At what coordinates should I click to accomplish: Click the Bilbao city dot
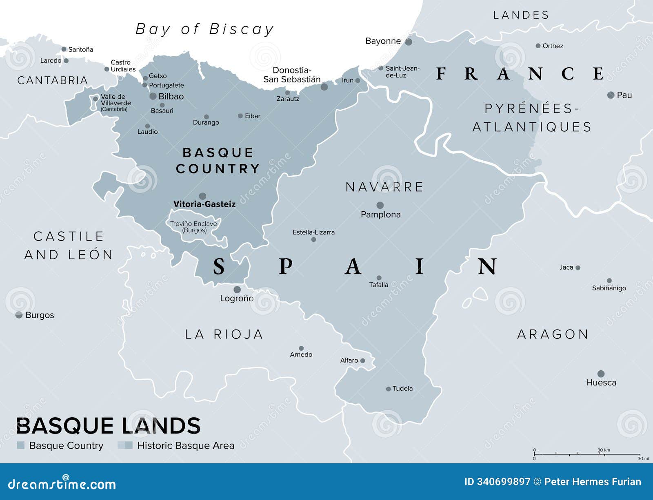pyautogui.click(x=153, y=96)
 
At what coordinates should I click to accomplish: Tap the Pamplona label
pyautogui.click(x=380, y=215)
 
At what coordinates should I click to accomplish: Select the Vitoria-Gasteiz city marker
pyautogui.click(x=202, y=196)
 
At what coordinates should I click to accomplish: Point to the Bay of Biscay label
pyautogui.click(x=204, y=29)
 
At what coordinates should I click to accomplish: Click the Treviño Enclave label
pyautogui.click(x=193, y=227)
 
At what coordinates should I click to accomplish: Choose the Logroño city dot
pyautogui.click(x=237, y=290)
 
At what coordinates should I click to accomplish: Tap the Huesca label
pyautogui.click(x=601, y=383)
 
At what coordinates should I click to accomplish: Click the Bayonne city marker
pyautogui.click(x=409, y=42)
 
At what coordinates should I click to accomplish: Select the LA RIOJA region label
pyautogui.click(x=224, y=334)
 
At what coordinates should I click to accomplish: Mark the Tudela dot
pyautogui.click(x=389, y=389)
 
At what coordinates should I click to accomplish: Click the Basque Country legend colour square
pyautogui.click(x=21, y=445)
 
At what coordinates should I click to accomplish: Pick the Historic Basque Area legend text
pyautogui.click(x=186, y=445)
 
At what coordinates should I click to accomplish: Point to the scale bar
pyautogui.click(x=587, y=454)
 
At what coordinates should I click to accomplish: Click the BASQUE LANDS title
pyautogui.click(x=108, y=426)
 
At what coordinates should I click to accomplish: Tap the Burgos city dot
pyautogui.click(x=19, y=315)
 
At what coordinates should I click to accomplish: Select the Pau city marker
pyautogui.click(x=611, y=95)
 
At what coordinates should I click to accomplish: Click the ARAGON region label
pyautogui.click(x=553, y=334)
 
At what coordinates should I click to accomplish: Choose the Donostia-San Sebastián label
pyautogui.click(x=292, y=75)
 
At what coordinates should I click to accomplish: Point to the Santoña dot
pyautogui.click(x=64, y=49)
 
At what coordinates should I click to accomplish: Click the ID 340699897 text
pyautogui.click(x=497, y=482)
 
